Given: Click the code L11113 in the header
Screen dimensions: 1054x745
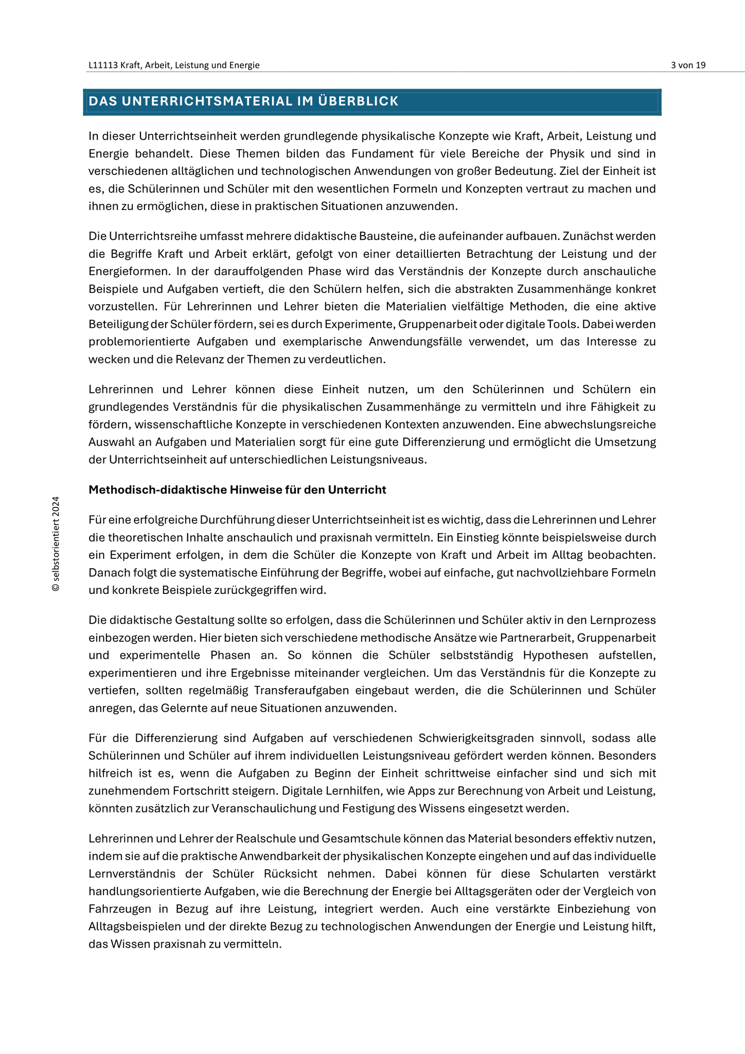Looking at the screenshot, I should (103, 65).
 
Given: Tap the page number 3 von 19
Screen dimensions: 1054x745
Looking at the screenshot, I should (688, 65).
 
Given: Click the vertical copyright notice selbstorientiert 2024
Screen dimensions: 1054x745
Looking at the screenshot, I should (56, 544).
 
